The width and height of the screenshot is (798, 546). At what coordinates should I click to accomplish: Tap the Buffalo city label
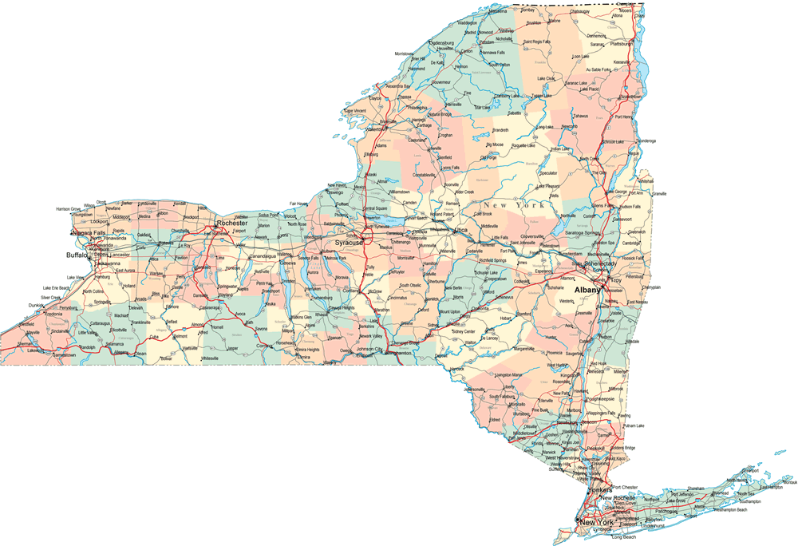tap(77, 255)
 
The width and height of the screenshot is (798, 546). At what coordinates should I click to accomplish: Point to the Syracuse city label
tap(349, 242)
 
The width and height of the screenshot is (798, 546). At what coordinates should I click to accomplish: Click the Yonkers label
tap(598, 489)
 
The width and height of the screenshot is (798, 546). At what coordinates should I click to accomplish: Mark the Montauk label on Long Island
tap(788, 482)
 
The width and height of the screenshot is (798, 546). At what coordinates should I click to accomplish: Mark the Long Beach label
tap(625, 537)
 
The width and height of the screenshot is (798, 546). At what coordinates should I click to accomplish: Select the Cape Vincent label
tap(355, 110)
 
